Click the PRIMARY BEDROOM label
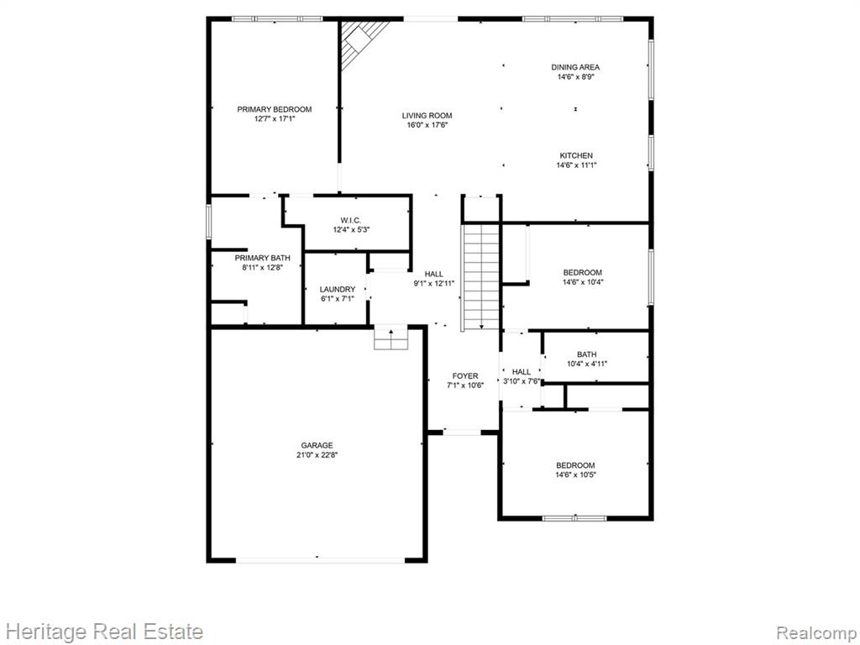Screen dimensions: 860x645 275,109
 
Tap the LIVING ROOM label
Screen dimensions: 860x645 427,116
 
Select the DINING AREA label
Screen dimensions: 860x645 575,67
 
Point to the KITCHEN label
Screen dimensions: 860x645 576,155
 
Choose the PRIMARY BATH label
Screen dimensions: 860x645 263,258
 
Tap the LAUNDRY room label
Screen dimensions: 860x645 338,289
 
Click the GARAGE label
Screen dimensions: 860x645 317,445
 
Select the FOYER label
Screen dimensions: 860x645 465,375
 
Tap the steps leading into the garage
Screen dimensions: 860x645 391,338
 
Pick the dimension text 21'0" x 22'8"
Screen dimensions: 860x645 317,454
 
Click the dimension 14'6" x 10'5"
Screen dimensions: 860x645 575,475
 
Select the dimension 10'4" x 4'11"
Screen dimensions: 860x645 587,364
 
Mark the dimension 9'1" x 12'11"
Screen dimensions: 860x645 434,284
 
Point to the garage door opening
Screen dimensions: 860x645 321,560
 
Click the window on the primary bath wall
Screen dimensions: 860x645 209,222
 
